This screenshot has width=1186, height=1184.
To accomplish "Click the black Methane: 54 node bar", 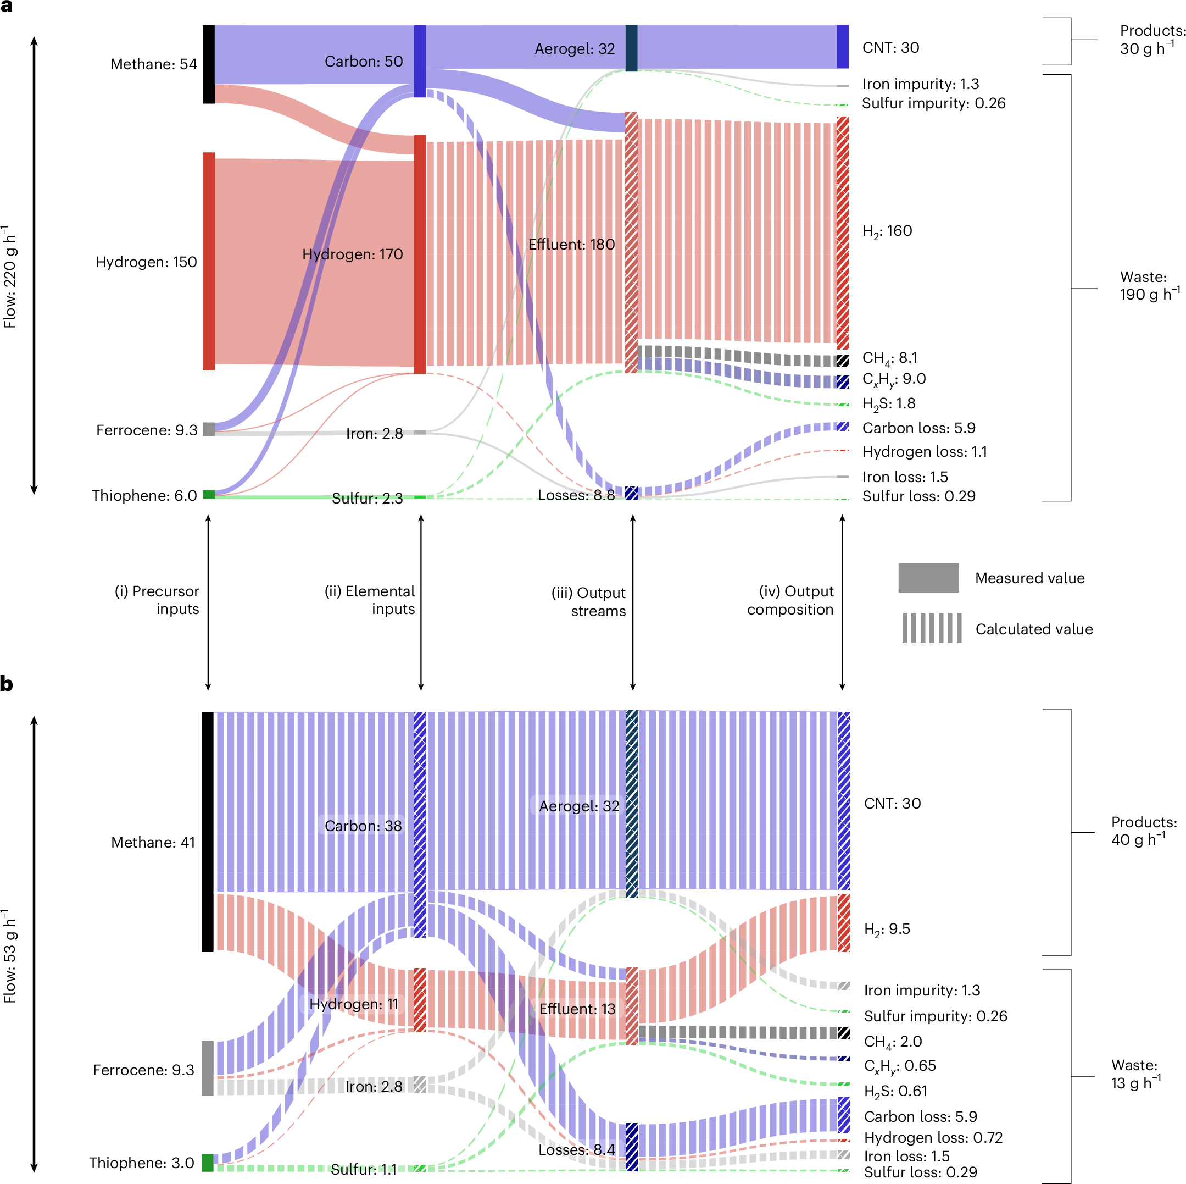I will click(x=209, y=64).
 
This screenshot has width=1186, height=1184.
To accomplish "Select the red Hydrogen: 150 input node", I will click(x=209, y=261).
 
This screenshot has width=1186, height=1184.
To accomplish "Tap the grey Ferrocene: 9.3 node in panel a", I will click(x=209, y=429).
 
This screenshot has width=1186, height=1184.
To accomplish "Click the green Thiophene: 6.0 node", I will click(x=209, y=494).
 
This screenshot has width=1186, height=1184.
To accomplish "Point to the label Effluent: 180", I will click(x=571, y=245).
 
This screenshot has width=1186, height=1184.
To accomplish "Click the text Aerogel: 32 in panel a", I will click(x=574, y=48).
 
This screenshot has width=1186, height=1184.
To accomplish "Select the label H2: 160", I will click(x=887, y=231).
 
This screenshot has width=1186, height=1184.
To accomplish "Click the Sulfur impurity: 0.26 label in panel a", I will click(x=933, y=103).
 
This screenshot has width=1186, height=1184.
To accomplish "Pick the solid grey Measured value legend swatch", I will click(x=928, y=577).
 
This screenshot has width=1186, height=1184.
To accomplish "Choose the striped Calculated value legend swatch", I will click(x=931, y=628).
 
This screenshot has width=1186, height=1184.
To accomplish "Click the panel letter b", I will click(x=7, y=683).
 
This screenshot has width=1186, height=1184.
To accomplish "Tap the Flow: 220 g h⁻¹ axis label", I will click(x=9, y=276).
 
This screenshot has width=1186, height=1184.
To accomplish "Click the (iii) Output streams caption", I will click(x=588, y=602).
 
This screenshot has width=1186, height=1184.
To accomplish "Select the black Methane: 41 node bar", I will click(x=208, y=832).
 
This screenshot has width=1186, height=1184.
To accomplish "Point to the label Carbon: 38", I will click(x=363, y=826).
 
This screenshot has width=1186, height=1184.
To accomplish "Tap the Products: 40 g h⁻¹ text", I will click(x=1143, y=831).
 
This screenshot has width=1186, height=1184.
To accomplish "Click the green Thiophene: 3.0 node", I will click(x=208, y=1163).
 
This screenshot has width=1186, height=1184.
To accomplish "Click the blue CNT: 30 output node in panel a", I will click(x=842, y=47).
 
